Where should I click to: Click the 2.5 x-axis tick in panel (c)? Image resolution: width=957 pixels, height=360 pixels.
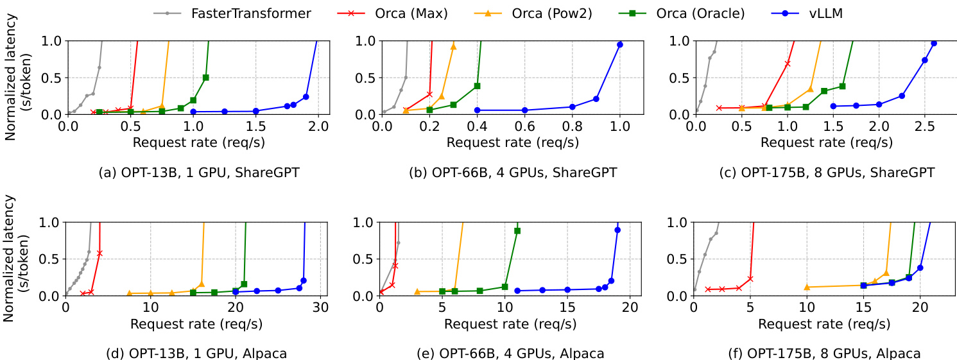(924, 127)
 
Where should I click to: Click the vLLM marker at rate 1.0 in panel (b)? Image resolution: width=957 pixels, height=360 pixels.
(620, 44)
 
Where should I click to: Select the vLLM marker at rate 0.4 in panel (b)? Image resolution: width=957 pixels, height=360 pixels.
(477, 110)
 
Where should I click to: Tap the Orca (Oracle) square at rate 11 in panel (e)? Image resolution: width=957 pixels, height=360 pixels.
(517, 230)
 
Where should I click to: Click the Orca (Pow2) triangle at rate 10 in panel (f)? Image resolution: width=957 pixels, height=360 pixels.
(807, 287)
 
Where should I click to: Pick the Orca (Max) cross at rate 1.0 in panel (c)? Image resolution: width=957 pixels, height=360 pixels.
(788, 64)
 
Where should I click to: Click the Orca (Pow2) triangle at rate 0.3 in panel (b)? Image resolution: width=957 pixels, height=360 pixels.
(453, 46)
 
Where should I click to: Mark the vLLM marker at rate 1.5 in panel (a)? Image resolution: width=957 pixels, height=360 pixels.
(256, 111)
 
